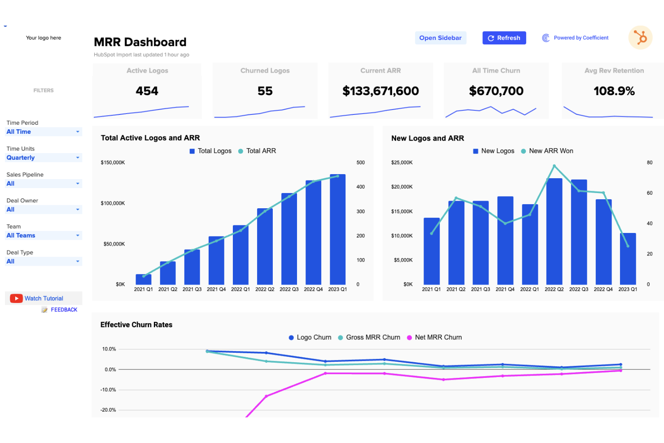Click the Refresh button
(504, 38)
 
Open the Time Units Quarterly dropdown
(44, 158)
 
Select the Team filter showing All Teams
(44, 236)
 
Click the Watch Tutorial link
(44, 298)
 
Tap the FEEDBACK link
(64, 310)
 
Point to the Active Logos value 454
(147, 91)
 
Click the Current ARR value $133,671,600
(380, 91)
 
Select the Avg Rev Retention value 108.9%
(614, 91)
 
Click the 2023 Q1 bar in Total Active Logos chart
(337, 229)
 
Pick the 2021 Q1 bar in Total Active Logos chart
(144, 279)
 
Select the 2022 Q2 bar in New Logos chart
(554, 231)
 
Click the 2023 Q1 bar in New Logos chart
(628, 259)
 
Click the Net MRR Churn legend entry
(438, 338)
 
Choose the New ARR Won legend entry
(550, 151)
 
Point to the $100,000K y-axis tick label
(113, 203)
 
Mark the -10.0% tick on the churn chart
(108, 390)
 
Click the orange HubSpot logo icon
(640, 38)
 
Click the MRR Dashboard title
(140, 42)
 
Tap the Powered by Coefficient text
(581, 38)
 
